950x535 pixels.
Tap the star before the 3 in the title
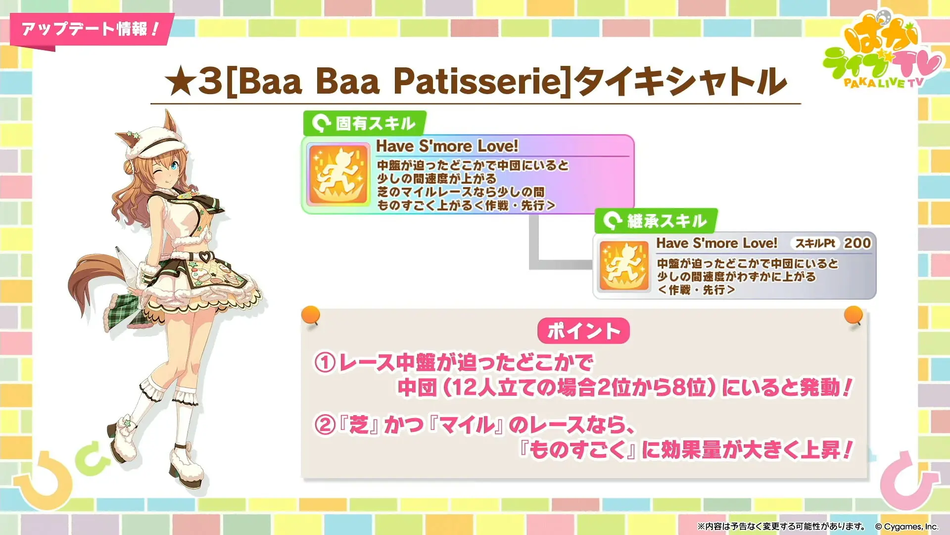tap(180, 82)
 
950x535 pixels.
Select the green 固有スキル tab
tap(365, 123)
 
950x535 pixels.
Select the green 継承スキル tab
tap(656, 220)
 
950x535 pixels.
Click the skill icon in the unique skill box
tap(338, 174)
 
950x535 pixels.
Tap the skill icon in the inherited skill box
tap(624, 265)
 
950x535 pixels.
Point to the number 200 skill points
tap(857, 243)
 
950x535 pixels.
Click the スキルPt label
tap(815, 243)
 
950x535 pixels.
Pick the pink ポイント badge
tap(583, 331)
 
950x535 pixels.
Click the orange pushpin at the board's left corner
tap(311, 316)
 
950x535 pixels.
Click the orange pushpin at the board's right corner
tap(854, 316)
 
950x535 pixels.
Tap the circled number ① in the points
tap(325, 363)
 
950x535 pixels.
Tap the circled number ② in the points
tap(325, 425)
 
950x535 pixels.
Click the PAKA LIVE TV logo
tap(882, 52)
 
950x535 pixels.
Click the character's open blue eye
tap(174, 166)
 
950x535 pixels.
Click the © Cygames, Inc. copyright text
tap(907, 527)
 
